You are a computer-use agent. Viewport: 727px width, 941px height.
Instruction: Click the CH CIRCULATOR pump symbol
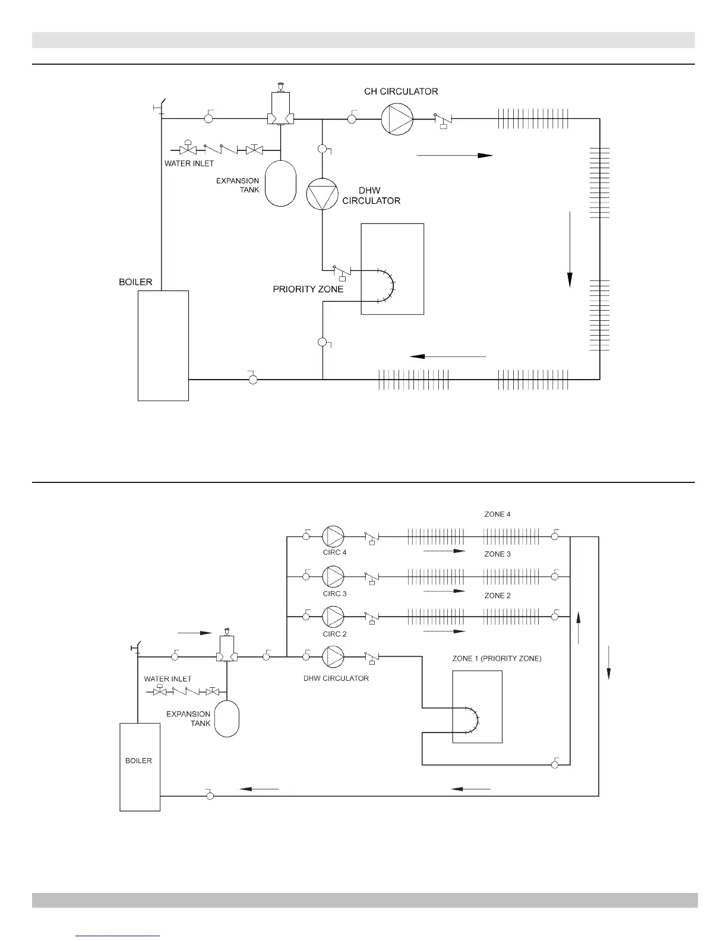397,119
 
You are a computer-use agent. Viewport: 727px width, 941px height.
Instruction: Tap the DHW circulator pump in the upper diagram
322,194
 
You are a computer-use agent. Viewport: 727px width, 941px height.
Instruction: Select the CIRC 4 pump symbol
333,536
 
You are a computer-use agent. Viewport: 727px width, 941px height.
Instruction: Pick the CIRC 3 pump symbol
333,576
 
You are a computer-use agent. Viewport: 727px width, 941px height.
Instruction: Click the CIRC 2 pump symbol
333,617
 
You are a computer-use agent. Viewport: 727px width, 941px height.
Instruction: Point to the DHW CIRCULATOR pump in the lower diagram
333,656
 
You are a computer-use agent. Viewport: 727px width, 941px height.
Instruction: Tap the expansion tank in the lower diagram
226,718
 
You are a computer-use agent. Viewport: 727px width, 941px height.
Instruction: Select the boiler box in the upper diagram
163,345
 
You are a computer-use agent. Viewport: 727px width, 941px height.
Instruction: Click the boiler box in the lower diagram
140,766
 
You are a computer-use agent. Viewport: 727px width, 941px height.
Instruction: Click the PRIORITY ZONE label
308,289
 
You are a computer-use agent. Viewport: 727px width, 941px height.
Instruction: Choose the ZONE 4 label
497,514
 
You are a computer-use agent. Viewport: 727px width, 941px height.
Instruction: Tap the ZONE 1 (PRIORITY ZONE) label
497,659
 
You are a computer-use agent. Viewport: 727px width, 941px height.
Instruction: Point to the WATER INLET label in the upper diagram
189,163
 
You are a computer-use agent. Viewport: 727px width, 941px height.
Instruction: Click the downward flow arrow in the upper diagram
570,249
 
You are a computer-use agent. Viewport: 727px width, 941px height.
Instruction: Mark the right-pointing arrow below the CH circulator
455,156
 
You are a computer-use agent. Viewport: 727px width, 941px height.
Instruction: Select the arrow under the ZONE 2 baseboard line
444,631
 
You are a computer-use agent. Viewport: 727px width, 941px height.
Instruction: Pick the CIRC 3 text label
335,593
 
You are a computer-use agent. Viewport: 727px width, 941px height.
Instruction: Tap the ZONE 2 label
497,595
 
